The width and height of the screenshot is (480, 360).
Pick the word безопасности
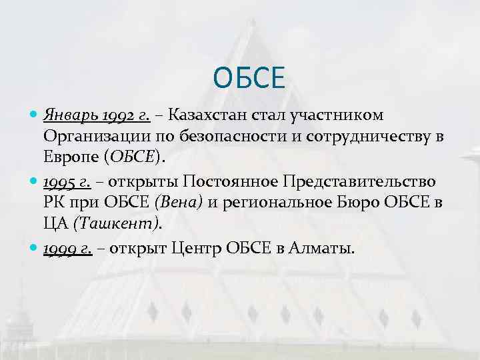tap(215, 137)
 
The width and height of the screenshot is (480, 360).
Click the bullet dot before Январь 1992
tap(35, 115)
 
